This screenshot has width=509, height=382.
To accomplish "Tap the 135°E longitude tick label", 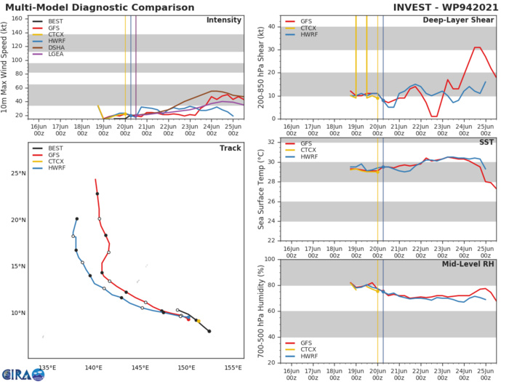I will point(48,368).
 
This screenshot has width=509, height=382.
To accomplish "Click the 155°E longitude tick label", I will point(233,368).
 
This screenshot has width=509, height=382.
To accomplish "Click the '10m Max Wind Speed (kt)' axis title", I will point(6,68).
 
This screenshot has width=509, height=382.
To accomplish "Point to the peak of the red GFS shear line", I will point(477,48).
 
